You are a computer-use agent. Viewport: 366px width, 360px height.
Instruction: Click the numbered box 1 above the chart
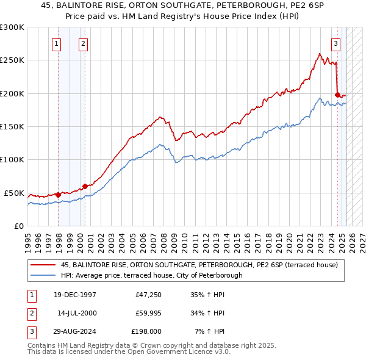pos(56,43)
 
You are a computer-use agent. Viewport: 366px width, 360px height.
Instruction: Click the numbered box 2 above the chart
pos(82,43)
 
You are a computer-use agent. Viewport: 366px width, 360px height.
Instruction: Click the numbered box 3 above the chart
pos(335,43)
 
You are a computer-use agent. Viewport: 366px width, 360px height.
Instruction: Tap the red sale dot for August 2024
pos(337,95)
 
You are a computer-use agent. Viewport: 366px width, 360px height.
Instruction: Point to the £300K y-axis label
pos(12,27)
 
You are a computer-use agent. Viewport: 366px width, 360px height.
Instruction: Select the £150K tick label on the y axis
pos(12,127)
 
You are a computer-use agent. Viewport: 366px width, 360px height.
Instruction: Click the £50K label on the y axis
pos(14,193)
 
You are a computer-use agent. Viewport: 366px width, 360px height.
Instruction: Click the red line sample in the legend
pos(43,264)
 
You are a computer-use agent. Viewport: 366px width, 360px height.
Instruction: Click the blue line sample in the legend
pos(43,275)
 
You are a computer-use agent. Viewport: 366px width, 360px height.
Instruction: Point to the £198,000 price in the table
pos(146,331)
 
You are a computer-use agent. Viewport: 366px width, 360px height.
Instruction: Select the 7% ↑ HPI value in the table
pos(209,331)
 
